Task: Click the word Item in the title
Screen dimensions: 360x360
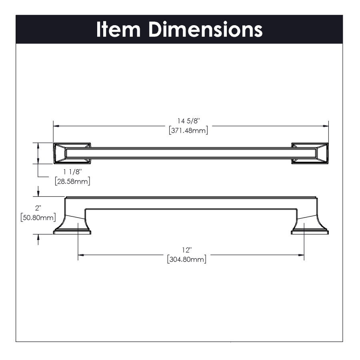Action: click(x=118, y=29)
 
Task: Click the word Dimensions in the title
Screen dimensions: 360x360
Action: click(x=206, y=29)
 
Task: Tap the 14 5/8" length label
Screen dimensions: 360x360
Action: click(x=188, y=121)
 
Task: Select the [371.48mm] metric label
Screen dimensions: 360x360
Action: click(x=188, y=130)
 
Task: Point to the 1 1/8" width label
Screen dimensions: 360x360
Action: click(x=72, y=172)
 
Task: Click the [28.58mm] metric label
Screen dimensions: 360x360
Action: click(x=72, y=181)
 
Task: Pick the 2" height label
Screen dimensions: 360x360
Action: click(x=38, y=208)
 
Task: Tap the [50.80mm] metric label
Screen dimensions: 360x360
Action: click(x=38, y=218)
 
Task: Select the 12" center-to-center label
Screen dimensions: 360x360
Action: click(x=187, y=250)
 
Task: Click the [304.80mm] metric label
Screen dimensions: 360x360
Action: click(x=187, y=260)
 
